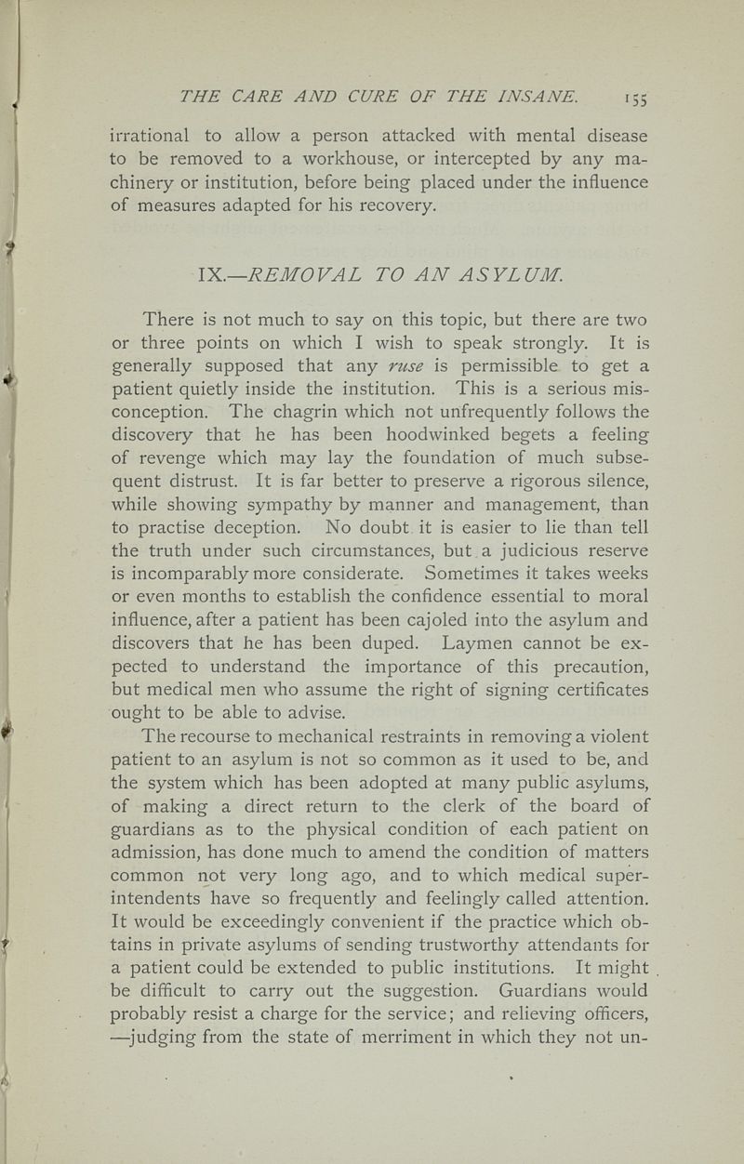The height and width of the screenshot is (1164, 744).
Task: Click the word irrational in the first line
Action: coord(153,135)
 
